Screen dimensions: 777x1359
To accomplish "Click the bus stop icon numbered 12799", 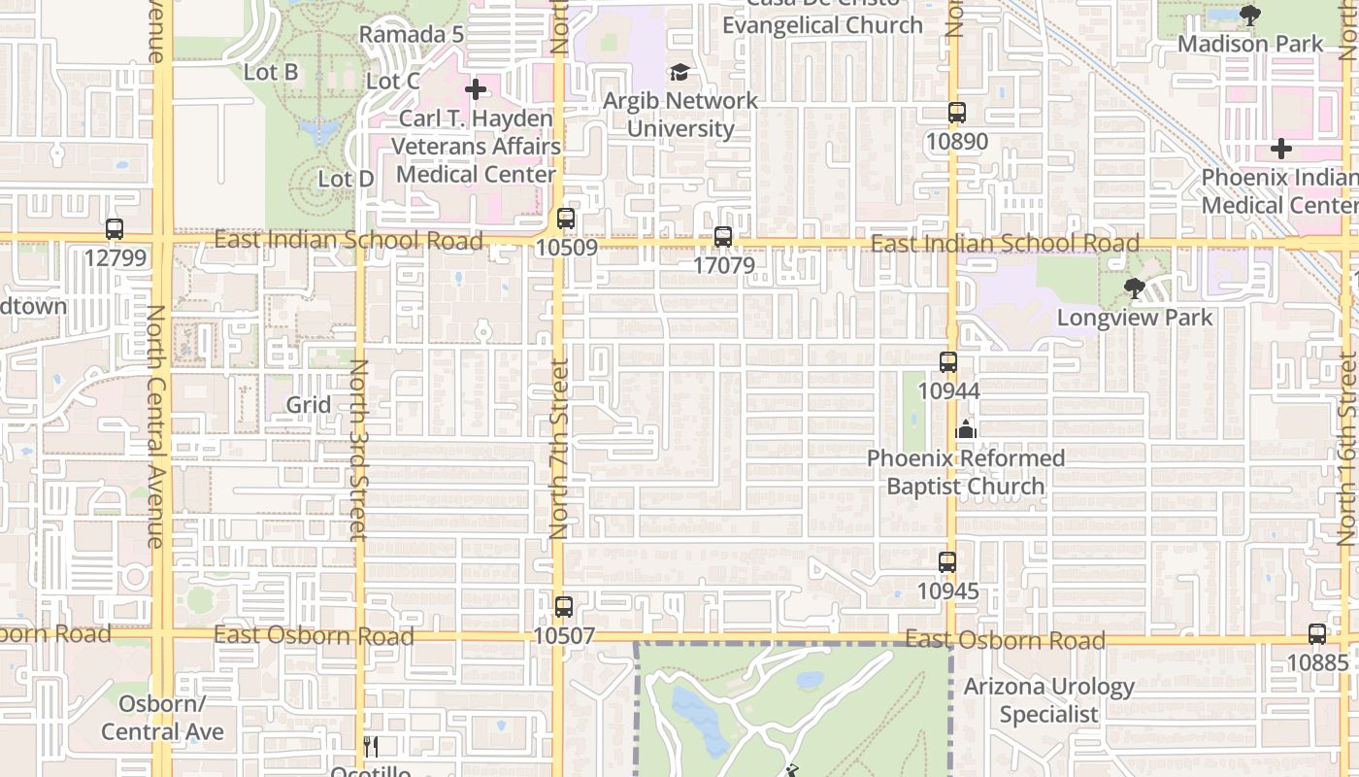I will click(115, 230).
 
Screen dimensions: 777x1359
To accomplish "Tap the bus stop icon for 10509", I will click(566, 219).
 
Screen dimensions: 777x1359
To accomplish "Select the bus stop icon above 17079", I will click(722, 236).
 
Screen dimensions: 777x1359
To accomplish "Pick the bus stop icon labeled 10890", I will click(957, 113).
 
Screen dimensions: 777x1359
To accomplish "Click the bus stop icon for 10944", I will click(948, 362).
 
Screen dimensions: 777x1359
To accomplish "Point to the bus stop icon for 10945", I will click(947, 562).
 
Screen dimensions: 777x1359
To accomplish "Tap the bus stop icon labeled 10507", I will click(564, 607).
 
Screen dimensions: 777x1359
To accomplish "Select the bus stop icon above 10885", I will click(1317, 634).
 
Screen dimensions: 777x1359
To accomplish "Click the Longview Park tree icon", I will click(1134, 288).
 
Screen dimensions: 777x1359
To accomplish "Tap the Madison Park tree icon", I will click(1250, 15).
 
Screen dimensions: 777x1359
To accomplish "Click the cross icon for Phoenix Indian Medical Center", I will click(1281, 150).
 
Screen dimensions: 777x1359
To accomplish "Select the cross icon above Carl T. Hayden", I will click(476, 90).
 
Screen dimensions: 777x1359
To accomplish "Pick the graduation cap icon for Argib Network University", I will click(679, 73).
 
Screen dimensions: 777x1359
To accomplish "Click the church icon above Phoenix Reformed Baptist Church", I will click(966, 429).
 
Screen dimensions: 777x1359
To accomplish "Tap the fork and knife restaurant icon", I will click(370, 746).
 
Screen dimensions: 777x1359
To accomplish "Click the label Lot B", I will click(271, 72).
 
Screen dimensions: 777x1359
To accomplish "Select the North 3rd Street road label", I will click(358, 449).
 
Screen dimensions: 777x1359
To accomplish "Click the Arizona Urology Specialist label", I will click(1049, 700).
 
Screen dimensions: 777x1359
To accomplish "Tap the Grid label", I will click(309, 404).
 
